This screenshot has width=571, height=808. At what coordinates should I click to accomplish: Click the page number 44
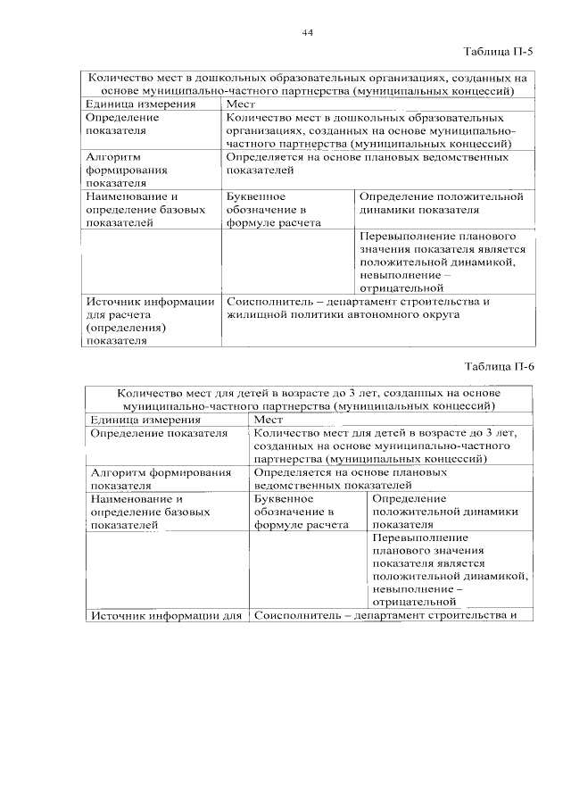tap(307, 33)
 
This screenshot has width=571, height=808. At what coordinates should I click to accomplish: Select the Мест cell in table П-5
tap(241, 104)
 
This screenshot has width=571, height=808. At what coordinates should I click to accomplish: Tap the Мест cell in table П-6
tap(269, 420)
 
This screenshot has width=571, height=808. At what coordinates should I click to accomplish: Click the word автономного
tap(388, 315)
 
